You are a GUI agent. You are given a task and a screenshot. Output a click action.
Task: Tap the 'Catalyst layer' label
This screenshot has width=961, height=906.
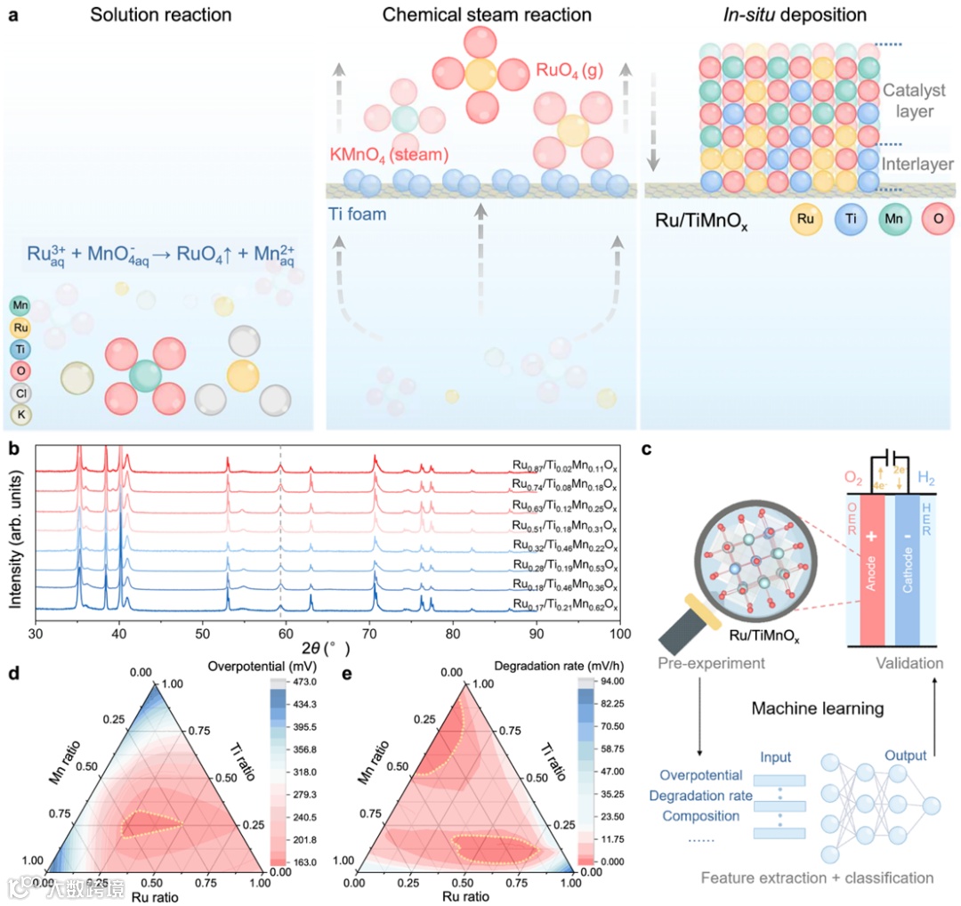(908, 101)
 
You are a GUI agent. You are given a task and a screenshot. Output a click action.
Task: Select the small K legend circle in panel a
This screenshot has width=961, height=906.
(20, 413)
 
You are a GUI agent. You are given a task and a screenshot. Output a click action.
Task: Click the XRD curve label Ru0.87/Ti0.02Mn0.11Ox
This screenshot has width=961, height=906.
(564, 464)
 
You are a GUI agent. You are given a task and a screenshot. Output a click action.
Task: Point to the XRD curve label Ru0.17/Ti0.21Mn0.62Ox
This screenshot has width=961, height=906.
(564, 606)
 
